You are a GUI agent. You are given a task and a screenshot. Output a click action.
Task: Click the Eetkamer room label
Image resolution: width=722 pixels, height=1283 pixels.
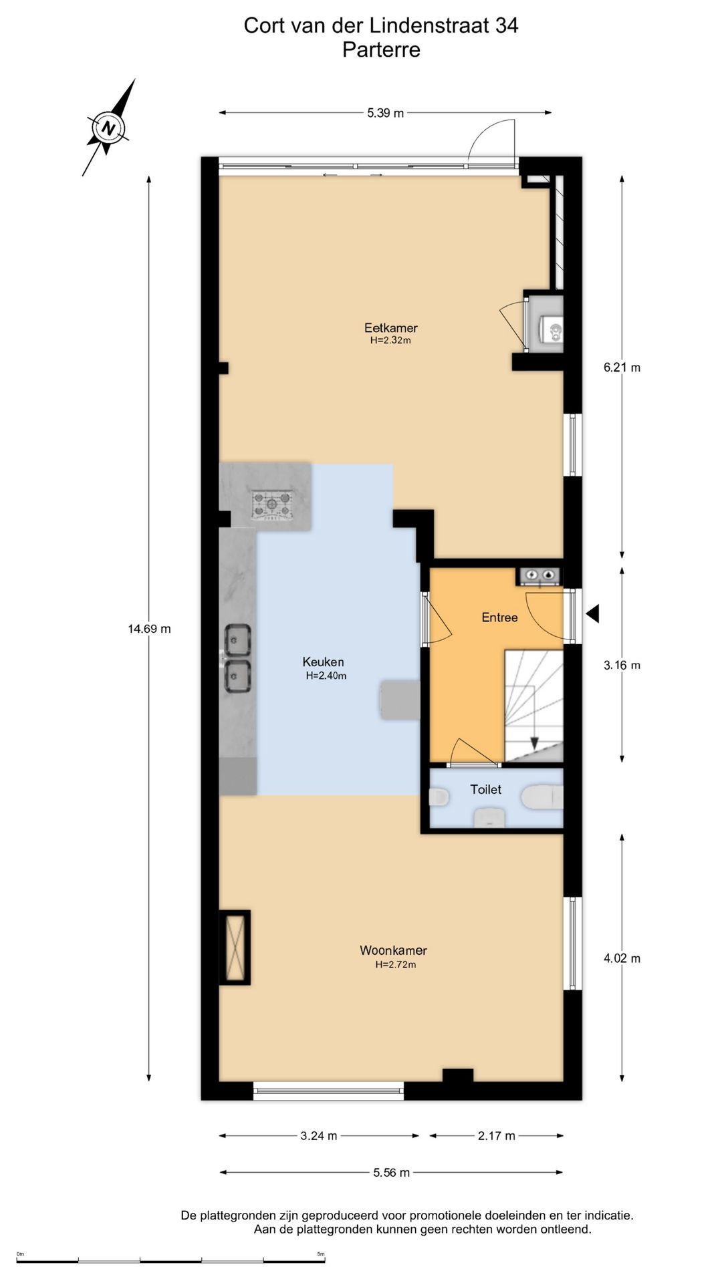coord(390,327)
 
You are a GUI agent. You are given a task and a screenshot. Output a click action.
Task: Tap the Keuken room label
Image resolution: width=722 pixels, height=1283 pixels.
coord(323,662)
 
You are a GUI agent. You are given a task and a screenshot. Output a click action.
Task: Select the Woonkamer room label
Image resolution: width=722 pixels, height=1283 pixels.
coord(393,950)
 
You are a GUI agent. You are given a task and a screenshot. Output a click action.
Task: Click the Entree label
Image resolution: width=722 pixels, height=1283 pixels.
coord(499,617)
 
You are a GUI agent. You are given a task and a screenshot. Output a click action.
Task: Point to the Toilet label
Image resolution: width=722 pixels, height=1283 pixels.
coord(485,789)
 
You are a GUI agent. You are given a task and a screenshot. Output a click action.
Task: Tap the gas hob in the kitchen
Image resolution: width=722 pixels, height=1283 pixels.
coord(272,505)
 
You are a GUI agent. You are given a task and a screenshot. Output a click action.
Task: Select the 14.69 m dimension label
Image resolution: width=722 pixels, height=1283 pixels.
coord(149,629)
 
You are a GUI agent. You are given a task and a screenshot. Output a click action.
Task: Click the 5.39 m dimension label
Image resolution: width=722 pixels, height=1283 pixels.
coord(385,113)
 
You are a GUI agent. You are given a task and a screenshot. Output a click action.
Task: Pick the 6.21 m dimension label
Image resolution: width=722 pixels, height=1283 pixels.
coord(622,367)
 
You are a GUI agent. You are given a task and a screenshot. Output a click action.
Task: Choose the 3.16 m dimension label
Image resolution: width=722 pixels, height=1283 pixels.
coord(622,665)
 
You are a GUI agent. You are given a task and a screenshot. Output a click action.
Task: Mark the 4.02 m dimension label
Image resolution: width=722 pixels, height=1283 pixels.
coord(622,958)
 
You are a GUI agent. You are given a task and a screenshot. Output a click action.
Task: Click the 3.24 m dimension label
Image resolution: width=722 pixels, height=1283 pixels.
coord(319,1135)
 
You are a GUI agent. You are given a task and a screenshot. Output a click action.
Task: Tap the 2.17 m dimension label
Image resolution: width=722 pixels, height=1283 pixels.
coord(497,1135)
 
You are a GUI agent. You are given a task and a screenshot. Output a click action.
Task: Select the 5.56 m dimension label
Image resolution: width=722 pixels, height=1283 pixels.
coord(392,1172)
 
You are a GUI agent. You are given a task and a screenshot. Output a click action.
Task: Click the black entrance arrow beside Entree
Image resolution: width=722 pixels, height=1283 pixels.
coord(593,613)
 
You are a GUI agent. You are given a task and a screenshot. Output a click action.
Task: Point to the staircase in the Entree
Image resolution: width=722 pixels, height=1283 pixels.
coord(533,706)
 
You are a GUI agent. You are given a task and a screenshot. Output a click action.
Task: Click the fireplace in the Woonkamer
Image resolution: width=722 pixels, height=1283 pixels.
coord(235,947)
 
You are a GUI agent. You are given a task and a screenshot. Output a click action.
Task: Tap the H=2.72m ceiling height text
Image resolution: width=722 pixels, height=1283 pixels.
coord(395,964)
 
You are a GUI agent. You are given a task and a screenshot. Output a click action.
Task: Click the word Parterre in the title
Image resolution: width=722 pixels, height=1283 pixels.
coord(381,49)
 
